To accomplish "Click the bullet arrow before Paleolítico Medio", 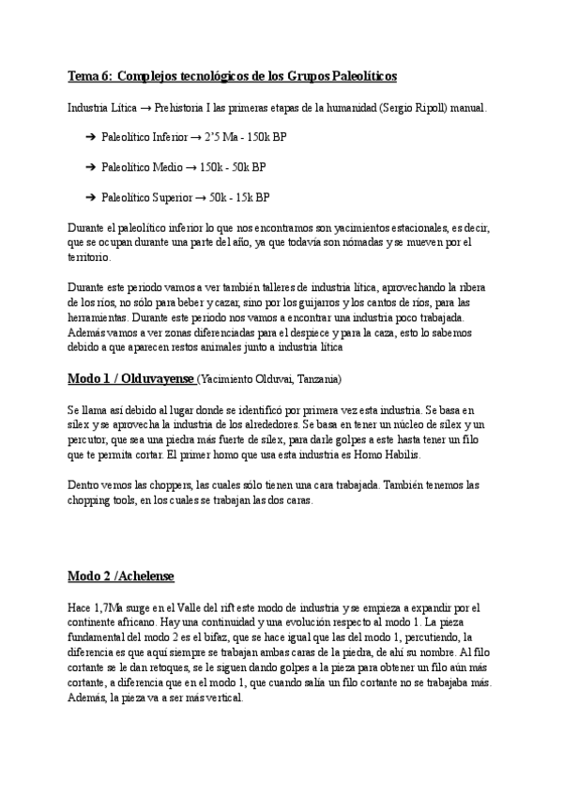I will coord(90,168).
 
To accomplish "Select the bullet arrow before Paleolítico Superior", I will coord(90,198).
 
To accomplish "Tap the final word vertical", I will coord(223,698).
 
